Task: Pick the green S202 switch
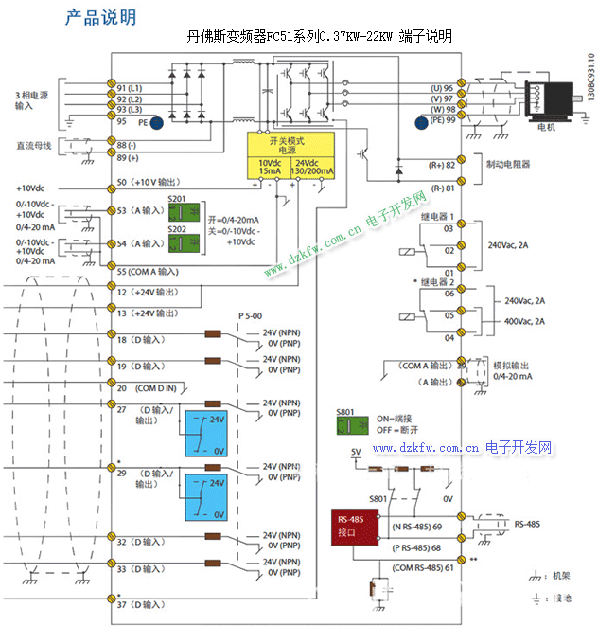click(x=177, y=243)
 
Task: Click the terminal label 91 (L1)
click(x=130, y=88)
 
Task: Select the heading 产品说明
click(x=99, y=17)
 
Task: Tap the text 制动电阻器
click(x=507, y=164)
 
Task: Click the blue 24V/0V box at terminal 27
click(x=206, y=433)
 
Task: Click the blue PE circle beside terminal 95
click(x=157, y=121)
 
